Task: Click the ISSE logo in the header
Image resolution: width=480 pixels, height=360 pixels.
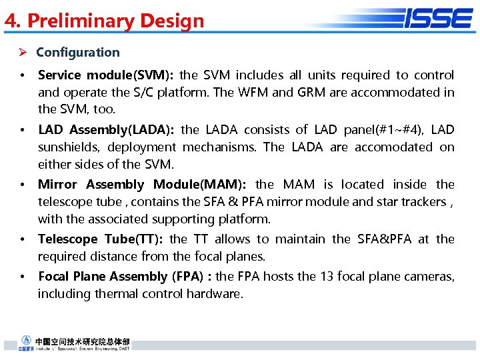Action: [437, 18]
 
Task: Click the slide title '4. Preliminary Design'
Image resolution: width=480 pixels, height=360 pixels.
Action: [105, 21]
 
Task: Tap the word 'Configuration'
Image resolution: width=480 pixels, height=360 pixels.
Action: [78, 52]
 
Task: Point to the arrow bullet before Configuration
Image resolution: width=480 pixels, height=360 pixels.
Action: [22, 53]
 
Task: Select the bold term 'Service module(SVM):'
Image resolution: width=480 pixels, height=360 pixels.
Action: [106, 75]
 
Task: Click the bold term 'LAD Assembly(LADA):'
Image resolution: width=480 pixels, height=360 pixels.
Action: [107, 130]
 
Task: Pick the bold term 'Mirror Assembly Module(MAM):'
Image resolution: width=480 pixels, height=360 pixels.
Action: [142, 185]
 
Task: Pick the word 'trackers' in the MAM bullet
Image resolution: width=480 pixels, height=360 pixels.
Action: [423, 202]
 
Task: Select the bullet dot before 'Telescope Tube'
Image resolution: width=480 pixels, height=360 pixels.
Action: [23, 239]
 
